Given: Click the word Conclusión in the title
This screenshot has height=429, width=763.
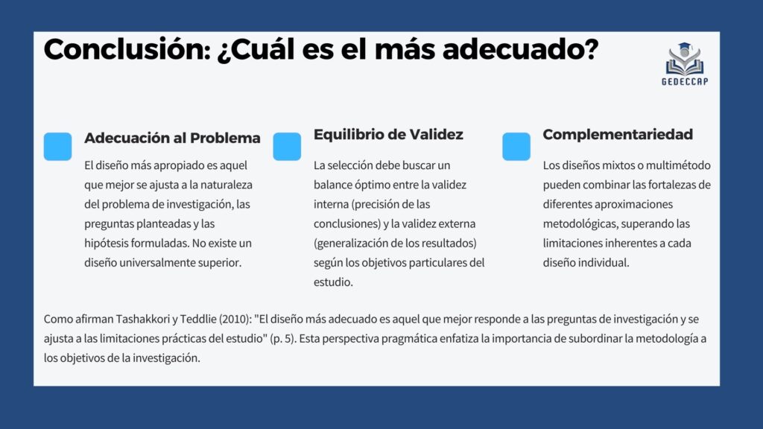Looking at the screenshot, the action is point(127,49).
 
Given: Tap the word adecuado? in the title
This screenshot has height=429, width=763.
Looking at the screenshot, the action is point(520,49).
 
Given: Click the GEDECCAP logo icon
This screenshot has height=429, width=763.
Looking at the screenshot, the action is point(685,59).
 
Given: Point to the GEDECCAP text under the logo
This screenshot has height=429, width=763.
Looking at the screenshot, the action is point(685,82).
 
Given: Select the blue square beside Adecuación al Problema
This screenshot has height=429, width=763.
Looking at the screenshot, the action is point(58,147).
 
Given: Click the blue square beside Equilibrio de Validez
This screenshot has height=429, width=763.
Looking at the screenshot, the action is point(287,147).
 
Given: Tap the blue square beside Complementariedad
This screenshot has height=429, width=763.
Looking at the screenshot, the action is point(516,147).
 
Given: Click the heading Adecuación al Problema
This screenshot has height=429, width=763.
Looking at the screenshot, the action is point(172,138).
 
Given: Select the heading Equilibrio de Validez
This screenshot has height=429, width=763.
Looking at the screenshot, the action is point(388,134).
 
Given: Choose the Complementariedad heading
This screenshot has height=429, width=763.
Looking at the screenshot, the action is point(618,135).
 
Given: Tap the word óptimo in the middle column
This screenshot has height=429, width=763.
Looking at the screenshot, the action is point(372,185).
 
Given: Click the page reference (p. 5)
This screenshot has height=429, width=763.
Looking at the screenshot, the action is point(283,339).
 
